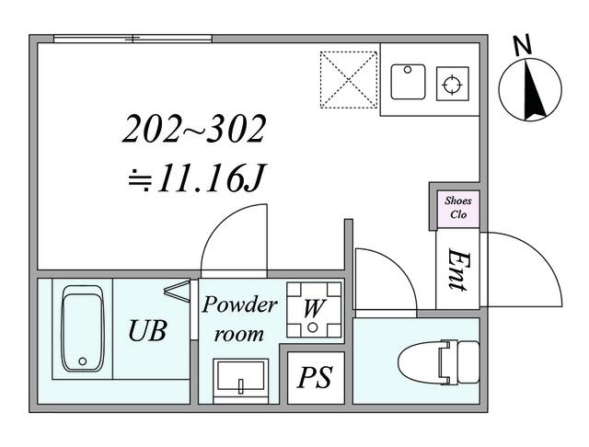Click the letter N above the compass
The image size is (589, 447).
point(523,45)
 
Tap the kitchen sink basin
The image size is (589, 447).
point(408,82)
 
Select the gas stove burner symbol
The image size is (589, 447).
point(452,84)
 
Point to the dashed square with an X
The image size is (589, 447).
point(349,80)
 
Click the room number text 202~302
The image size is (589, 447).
point(194,129)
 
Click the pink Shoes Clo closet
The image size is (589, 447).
point(458,209)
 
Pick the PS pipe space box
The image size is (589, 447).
point(316,378)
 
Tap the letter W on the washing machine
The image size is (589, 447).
point(313,308)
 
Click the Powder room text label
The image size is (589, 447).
point(239,318)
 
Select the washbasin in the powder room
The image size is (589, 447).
point(240,381)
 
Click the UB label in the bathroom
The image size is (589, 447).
point(147,331)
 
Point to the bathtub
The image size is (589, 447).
point(82,328)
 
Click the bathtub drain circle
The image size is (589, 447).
point(83,361)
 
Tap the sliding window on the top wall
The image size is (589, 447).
point(133,39)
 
